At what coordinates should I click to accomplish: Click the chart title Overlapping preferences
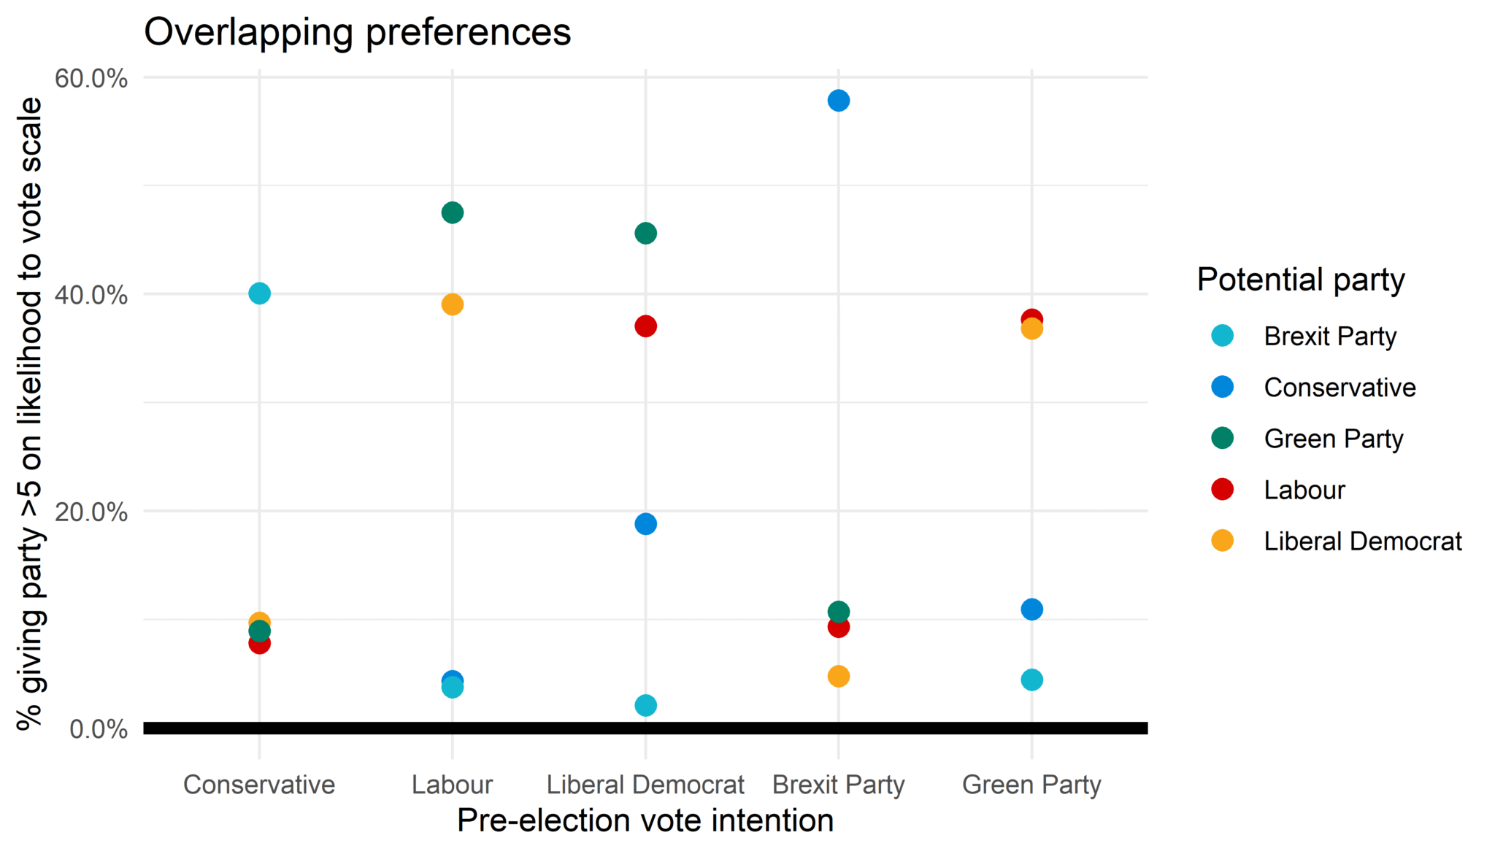pos(357,33)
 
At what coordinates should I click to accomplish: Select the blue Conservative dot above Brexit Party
pos(838,101)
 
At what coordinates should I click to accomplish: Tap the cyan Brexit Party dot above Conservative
pos(259,293)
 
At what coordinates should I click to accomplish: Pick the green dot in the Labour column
pos(452,213)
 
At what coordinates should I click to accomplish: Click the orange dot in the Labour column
pos(452,304)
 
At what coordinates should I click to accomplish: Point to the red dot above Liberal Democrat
pos(645,326)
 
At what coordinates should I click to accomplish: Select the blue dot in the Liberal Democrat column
pos(645,524)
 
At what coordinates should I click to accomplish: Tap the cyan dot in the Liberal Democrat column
pos(645,706)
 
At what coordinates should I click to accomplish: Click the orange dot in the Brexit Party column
pos(838,677)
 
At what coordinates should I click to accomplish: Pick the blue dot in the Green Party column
pos(1031,609)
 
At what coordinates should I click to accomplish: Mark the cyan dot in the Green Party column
pos(1031,680)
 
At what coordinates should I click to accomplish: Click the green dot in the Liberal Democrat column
pos(645,234)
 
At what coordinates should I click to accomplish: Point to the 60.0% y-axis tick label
pos(91,78)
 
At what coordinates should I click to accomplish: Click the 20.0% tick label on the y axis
pos(91,512)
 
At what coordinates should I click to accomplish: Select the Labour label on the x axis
pos(452,785)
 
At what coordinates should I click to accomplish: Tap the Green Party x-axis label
pos(1031,785)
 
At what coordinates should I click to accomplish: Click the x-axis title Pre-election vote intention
pos(645,820)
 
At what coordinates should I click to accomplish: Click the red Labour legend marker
pos(1222,490)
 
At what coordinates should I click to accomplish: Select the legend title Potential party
pos(1301,280)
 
